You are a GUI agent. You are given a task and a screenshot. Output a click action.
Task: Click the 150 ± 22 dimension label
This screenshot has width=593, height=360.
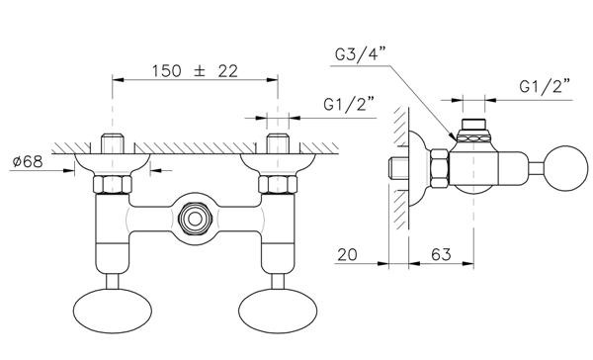[x=195, y=71]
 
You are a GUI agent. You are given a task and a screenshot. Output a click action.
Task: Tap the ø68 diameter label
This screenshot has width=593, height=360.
[x=28, y=161]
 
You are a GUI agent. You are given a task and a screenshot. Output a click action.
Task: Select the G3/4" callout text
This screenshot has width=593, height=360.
[x=360, y=53]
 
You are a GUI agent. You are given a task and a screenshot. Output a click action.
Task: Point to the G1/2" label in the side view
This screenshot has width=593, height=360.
[x=545, y=86]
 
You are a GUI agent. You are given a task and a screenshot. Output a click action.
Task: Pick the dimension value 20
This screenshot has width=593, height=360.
[x=347, y=254]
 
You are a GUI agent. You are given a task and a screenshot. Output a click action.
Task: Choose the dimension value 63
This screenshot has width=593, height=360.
[x=441, y=254]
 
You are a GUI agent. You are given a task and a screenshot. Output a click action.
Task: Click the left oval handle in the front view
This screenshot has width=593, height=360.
[x=113, y=311]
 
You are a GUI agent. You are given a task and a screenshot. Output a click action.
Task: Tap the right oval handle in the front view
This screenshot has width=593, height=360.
[x=278, y=311]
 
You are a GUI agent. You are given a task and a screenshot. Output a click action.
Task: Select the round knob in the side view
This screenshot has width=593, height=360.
[x=567, y=168]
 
